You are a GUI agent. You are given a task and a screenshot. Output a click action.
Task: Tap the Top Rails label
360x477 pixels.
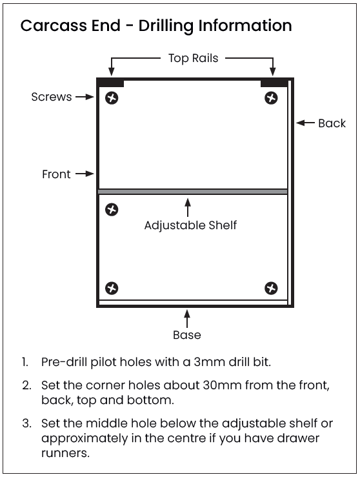point(194,58)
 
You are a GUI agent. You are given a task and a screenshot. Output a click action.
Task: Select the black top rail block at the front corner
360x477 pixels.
point(111,83)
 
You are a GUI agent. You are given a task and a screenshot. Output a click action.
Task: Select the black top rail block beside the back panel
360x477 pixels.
point(274,83)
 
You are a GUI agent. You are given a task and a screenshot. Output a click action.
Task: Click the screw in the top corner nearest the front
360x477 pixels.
point(112,98)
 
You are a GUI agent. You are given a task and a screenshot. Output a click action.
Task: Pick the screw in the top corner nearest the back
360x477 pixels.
point(271,98)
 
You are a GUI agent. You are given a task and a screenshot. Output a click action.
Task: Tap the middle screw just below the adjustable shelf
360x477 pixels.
point(112,210)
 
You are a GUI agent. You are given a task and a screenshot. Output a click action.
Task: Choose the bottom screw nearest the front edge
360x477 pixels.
point(112,289)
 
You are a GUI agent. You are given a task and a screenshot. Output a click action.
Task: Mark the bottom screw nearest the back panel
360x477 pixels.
point(271,289)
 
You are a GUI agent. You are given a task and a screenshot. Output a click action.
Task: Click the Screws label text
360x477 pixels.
point(52,97)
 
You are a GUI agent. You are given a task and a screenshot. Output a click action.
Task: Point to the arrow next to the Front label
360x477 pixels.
point(85,174)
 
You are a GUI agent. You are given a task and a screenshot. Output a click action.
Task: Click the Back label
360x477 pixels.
point(332,123)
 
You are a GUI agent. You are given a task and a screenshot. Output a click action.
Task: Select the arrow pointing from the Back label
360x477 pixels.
point(305,123)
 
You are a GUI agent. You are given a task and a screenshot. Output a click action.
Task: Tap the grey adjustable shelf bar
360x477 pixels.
point(192,192)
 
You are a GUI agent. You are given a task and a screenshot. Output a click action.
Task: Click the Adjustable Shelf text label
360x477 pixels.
point(190,226)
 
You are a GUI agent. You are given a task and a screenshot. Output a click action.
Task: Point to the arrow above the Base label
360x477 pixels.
point(187,319)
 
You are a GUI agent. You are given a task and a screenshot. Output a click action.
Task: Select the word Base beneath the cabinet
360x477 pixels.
point(187,335)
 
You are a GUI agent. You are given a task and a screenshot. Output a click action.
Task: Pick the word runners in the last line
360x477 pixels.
point(65,453)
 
